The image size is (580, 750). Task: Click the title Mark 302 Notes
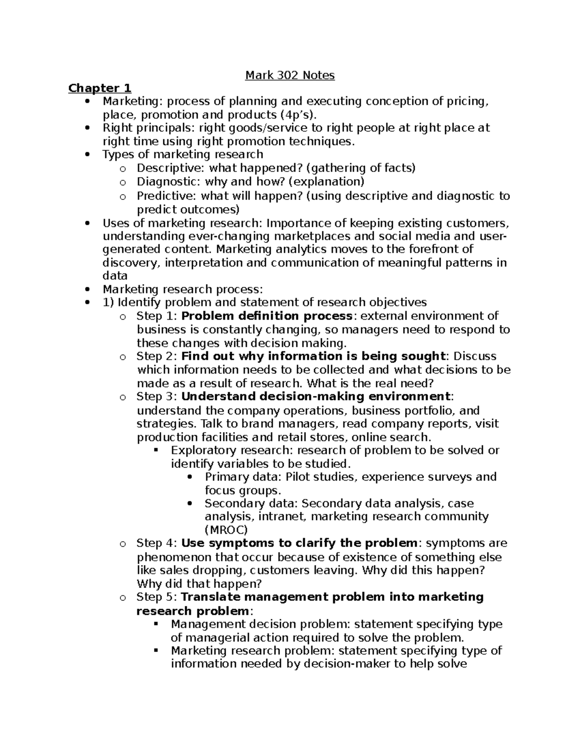(x=290, y=75)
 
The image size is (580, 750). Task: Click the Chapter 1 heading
(x=100, y=88)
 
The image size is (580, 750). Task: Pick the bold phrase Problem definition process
(x=267, y=316)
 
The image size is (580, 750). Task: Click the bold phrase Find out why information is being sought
(x=313, y=356)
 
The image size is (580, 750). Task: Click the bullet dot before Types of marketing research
(x=87, y=155)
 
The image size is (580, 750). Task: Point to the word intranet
(x=282, y=516)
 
